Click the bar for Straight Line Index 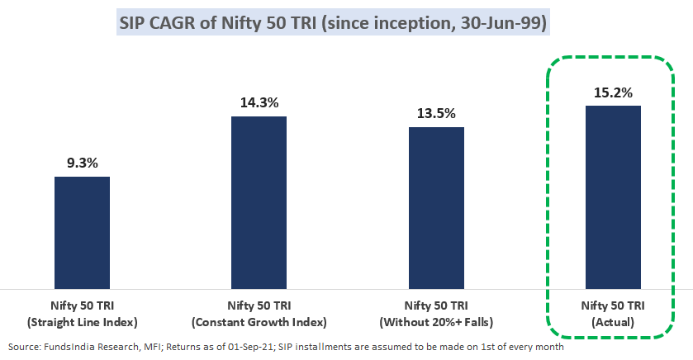point(82,232)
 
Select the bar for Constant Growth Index point(259,202)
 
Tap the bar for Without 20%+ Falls point(436,207)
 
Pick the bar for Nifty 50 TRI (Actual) point(613,197)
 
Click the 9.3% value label point(82,163)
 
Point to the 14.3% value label point(259,103)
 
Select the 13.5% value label point(436,114)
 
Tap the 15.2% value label point(613,92)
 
